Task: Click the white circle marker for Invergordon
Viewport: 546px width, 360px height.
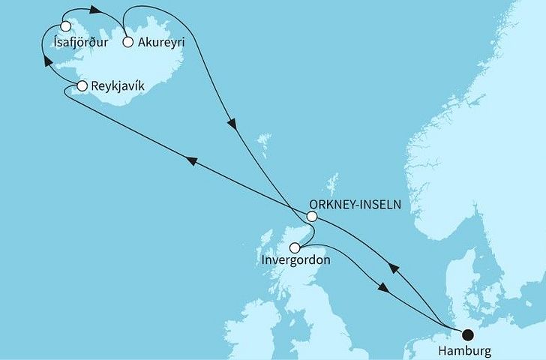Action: tap(295, 247)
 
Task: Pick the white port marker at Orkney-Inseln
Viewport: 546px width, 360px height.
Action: tap(313, 217)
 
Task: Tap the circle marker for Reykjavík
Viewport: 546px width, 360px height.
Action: tap(82, 88)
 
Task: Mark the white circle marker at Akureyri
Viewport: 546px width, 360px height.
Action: tap(128, 43)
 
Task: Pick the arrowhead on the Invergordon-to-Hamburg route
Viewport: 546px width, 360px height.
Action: tap(384, 288)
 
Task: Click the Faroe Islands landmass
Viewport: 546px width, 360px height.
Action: tap(263, 140)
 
